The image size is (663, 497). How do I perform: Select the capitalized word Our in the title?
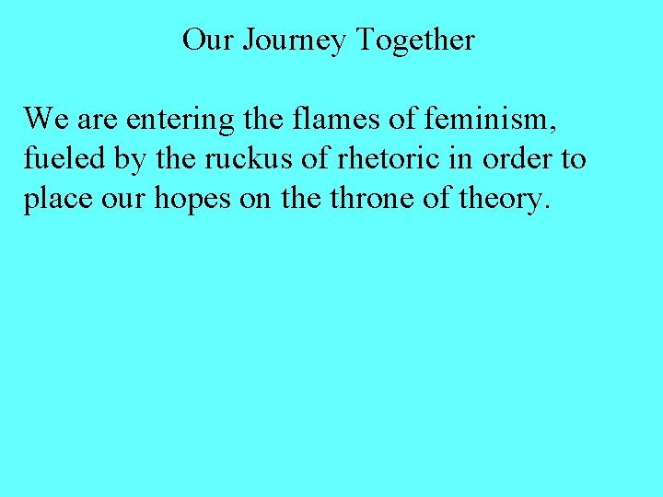[x=204, y=40]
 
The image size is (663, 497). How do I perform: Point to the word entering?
[x=181, y=121]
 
